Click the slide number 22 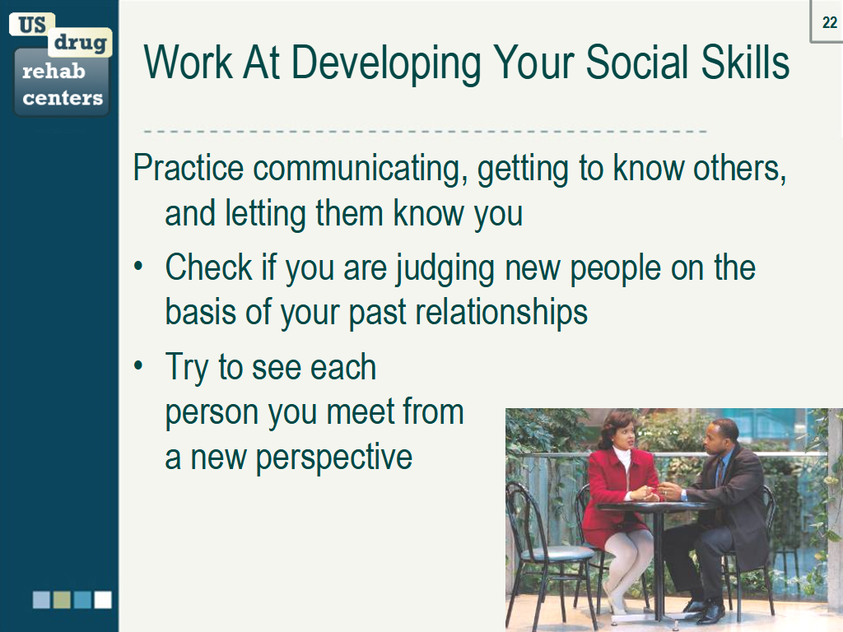point(829,23)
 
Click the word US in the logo point(32,25)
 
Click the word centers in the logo point(63,99)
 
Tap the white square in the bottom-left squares point(103,599)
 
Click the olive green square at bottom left point(62,599)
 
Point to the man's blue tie point(718,474)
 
